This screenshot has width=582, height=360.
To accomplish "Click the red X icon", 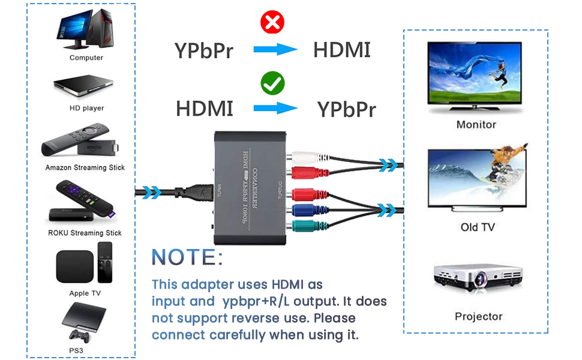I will tap(272, 23).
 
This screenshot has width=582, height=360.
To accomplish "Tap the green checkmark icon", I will tap(272, 83).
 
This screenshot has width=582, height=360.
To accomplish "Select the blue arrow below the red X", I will tap(275, 50).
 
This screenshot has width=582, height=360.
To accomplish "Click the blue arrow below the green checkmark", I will tap(275, 109).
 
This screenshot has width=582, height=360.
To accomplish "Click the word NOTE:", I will tap(187, 257).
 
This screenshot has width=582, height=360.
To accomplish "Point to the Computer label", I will tap(86, 58).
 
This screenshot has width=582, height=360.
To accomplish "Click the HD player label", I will tap(86, 108).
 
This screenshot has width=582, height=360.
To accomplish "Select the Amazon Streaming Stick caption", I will tap(85, 167).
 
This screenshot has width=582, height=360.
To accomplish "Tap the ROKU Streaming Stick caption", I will tap(85, 233).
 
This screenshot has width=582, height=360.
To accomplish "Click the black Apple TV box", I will tap(74, 266).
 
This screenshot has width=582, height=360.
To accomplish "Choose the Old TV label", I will tap(478, 227).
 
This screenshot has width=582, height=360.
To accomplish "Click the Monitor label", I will tap(476, 125).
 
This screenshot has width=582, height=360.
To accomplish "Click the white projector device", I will tap(476, 278).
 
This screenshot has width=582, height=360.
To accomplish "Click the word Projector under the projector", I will tap(478, 316).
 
